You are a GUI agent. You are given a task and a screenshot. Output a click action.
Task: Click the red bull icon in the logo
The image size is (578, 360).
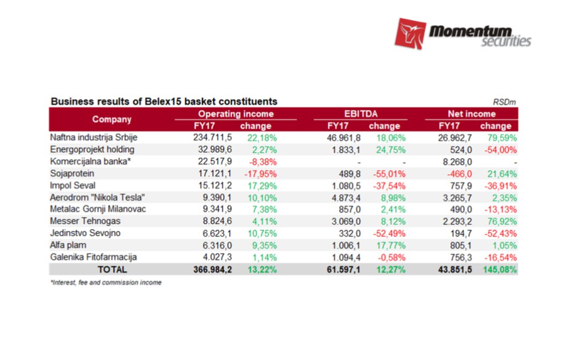coord(410,33)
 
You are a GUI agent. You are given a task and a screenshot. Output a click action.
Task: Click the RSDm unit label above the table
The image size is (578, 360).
coord(504,102)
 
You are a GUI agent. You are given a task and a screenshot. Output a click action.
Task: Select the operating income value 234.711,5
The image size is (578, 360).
coord(213,137)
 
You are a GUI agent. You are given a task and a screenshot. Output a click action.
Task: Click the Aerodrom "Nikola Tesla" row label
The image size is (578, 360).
coord(97,197)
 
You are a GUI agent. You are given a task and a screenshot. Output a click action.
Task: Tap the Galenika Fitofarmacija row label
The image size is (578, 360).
coord(93,257)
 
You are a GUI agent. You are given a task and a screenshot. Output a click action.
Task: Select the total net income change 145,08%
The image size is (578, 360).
coord(499,269)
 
